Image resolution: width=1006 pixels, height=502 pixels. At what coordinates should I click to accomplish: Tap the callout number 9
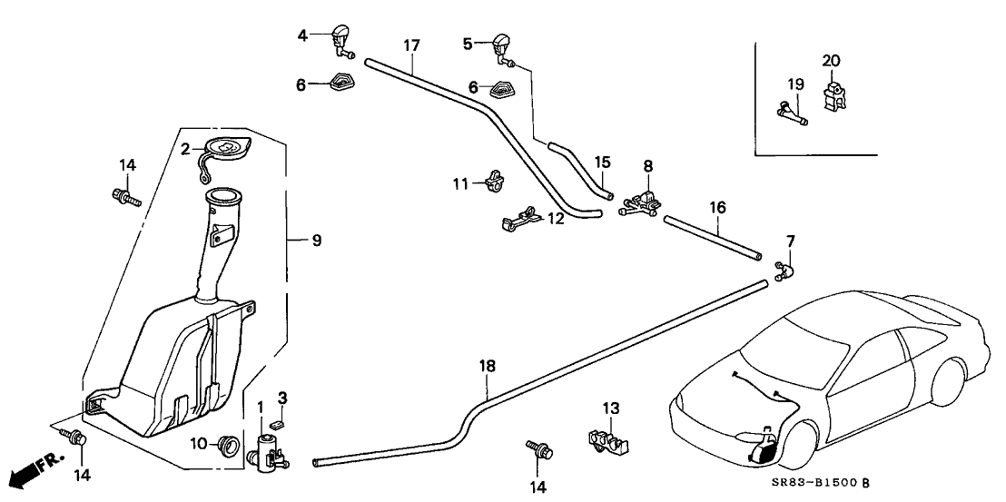coord(316,241)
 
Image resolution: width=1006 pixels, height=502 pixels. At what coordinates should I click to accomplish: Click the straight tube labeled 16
coord(712,238)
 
